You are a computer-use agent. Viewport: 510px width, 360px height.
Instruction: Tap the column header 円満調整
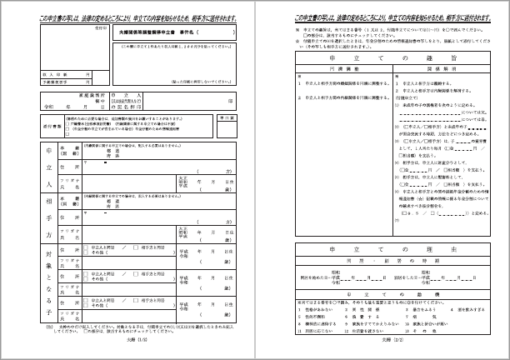[333, 72]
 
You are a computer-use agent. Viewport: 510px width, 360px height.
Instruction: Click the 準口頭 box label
[232, 117]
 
